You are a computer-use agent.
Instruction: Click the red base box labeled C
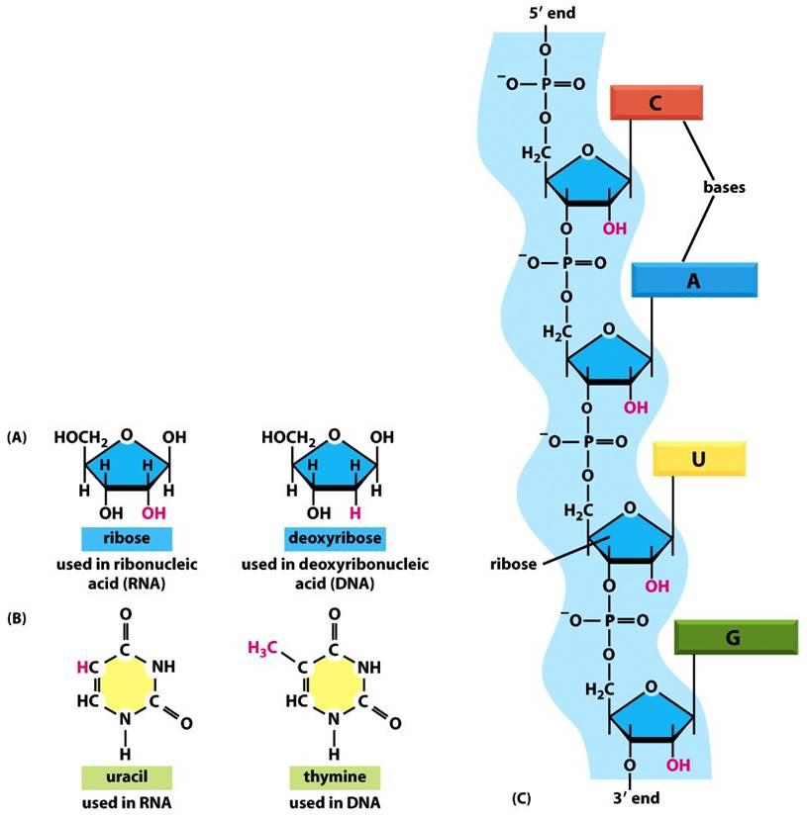pyautogui.click(x=656, y=103)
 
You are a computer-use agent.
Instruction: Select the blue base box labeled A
pyautogui.click(x=694, y=280)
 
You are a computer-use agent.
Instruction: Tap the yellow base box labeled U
pyautogui.click(x=699, y=459)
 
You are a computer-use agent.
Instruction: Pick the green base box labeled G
pyautogui.click(x=735, y=638)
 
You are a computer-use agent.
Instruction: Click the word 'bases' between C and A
pyautogui.click(x=724, y=186)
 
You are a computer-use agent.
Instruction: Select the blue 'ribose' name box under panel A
pyautogui.click(x=127, y=539)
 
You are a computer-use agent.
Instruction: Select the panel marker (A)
pyautogui.click(x=17, y=436)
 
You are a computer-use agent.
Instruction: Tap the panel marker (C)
pyautogui.click(x=526, y=797)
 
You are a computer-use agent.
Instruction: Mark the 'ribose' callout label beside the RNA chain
pyautogui.click(x=513, y=564)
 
